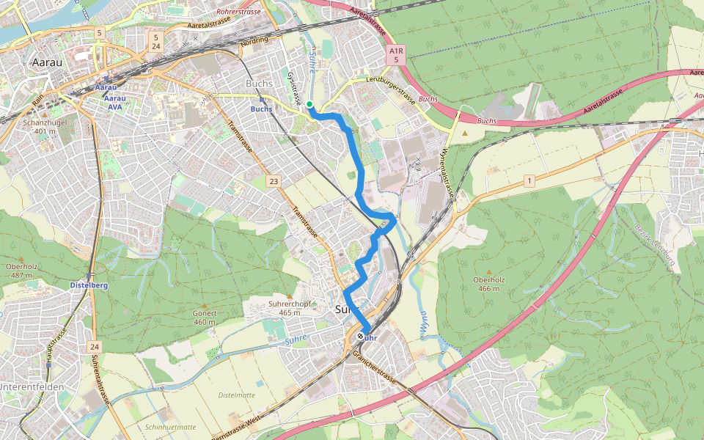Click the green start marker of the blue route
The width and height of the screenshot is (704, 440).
[310, 105]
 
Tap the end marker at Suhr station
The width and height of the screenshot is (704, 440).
[361, 337]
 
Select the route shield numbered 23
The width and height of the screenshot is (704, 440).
[274, 180]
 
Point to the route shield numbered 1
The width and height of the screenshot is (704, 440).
[529, 180]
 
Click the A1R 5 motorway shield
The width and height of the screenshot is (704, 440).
[396, 55]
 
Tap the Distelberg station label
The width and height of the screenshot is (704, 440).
[89, 285]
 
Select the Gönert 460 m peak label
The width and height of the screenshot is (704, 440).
[204, 317]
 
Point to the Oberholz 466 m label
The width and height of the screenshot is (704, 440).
[486, 284]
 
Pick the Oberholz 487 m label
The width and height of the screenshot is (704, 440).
[21, 271]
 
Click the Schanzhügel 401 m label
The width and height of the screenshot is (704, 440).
[45, 127]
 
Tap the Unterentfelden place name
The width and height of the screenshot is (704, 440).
[32, 386]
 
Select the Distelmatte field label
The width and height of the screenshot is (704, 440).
[236, 395]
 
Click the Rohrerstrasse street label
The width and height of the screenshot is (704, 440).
[239, 12]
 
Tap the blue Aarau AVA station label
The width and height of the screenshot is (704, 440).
[114, 102]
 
